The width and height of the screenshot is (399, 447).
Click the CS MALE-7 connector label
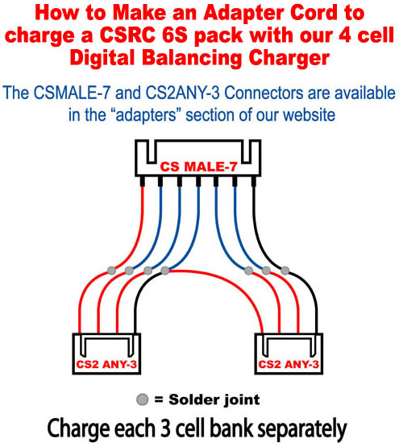point(198,167)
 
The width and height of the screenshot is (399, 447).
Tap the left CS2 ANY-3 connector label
point(106,364)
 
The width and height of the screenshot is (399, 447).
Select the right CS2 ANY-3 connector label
point(289,364)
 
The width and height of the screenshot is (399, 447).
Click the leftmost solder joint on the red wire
point(111,270)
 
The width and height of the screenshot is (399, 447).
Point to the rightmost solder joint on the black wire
point(285,271)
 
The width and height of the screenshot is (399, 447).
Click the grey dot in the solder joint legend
point(143,399)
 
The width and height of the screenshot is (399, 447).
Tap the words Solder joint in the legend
point(214,399)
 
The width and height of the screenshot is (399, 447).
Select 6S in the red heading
point(172,35)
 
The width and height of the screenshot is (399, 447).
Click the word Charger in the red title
point(289,59)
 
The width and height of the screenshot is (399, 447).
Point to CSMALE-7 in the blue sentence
point(73,93)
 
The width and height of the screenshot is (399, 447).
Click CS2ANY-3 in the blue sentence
point(183,93)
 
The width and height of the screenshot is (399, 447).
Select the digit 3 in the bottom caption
point(166,428)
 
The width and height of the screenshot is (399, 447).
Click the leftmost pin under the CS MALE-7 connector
point(142,181)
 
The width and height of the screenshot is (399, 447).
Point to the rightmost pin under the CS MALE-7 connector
point(253,181)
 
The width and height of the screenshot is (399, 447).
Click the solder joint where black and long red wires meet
point(164,271)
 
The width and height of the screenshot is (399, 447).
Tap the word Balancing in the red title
point(192,59)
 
